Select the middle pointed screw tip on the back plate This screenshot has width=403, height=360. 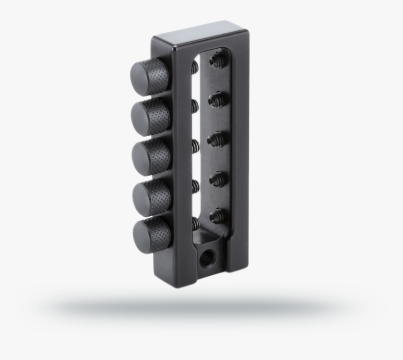[x=216, y=139]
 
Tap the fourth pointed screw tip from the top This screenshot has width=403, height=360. [x=217, y=178]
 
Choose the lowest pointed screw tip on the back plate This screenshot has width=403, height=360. [x=217, y=216]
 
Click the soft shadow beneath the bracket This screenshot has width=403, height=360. [x=201, y=307]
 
